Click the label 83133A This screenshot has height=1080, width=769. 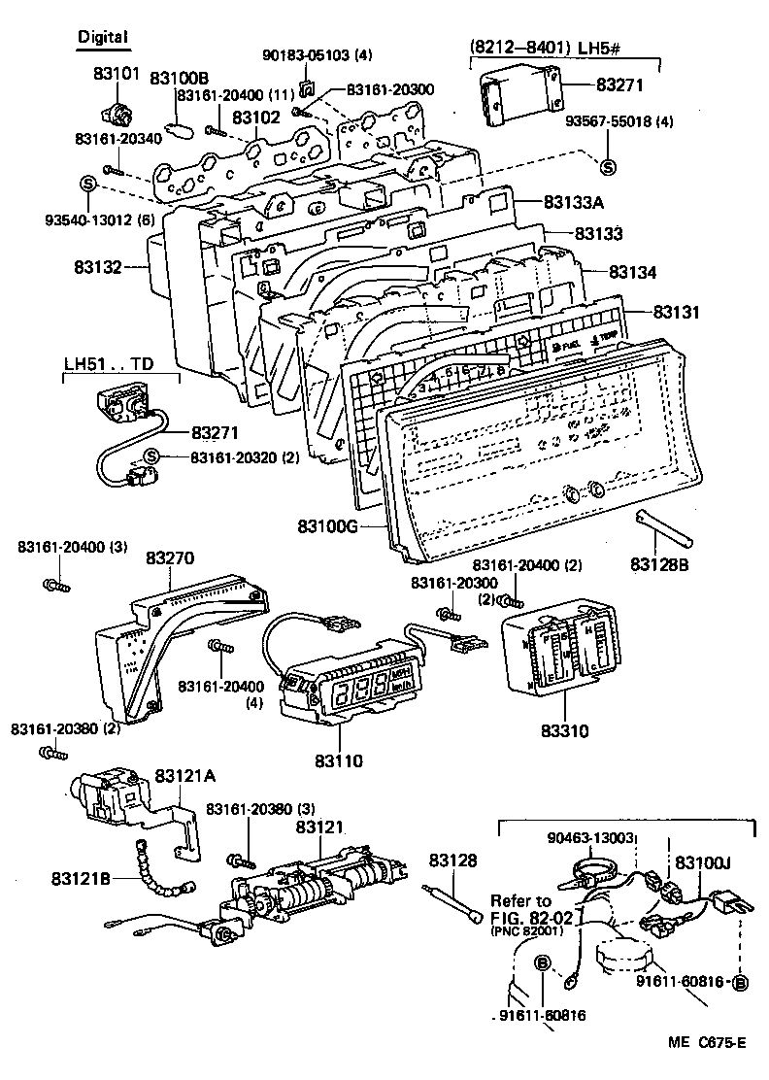pos(574,202)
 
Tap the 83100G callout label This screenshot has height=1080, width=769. pos(331,527)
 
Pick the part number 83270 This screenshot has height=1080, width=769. pos(170,558)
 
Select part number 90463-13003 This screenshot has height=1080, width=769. pos(591,837)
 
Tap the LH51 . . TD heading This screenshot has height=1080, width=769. pos(109,364)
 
